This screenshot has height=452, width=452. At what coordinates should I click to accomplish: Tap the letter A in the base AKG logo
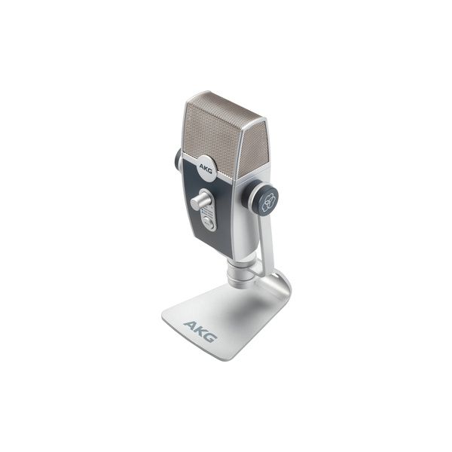[191, 327]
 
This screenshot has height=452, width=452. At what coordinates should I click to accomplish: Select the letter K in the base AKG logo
[201, 331]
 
